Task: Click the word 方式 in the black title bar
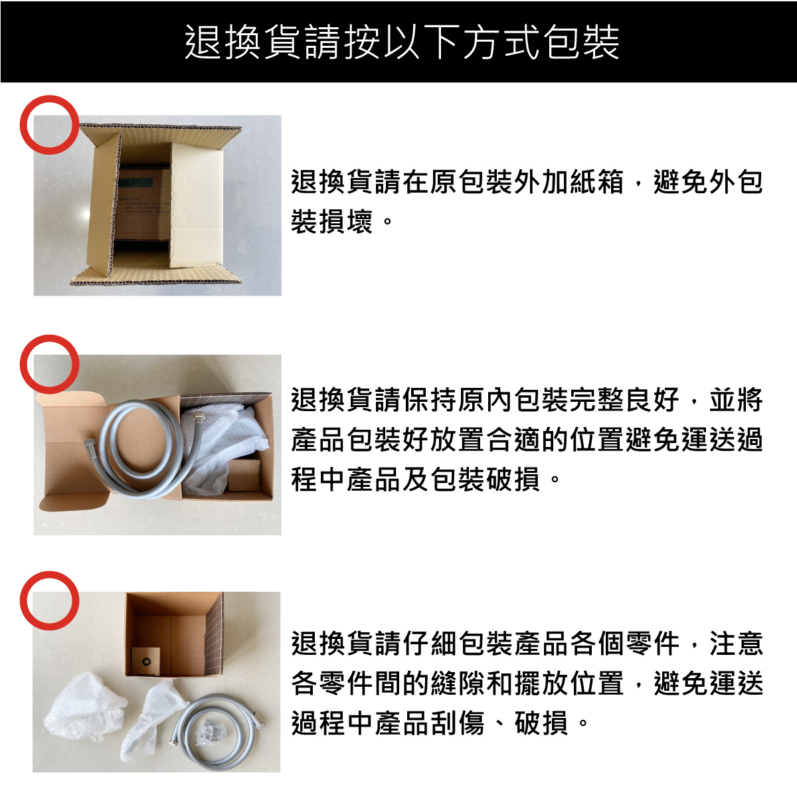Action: pos(501,42)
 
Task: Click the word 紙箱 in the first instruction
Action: pos(596,182)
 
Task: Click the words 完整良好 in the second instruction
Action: pos(624,400)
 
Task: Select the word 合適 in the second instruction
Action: pos(513,440)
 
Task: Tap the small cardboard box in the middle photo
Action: pos(244,476)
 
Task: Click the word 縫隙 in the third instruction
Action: pos(456,683)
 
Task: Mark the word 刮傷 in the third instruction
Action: pos(456,723)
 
